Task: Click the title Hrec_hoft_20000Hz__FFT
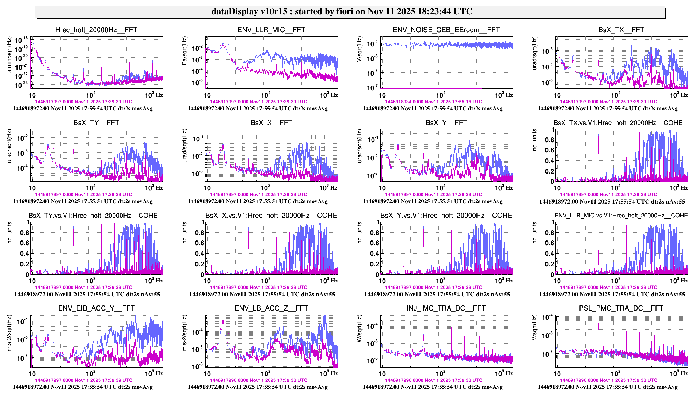96,30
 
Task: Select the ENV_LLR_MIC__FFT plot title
271,30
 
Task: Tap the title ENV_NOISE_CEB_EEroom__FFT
446,30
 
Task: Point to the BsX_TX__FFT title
621,30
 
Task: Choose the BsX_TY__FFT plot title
96,123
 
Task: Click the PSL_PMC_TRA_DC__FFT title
621,308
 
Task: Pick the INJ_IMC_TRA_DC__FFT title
446,308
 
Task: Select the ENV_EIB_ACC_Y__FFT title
96,308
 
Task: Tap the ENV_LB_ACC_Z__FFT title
271,308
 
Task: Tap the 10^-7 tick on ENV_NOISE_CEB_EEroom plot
372,87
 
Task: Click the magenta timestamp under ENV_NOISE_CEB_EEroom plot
433,102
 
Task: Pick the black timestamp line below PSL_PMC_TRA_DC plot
608,387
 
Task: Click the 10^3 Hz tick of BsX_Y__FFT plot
500,188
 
